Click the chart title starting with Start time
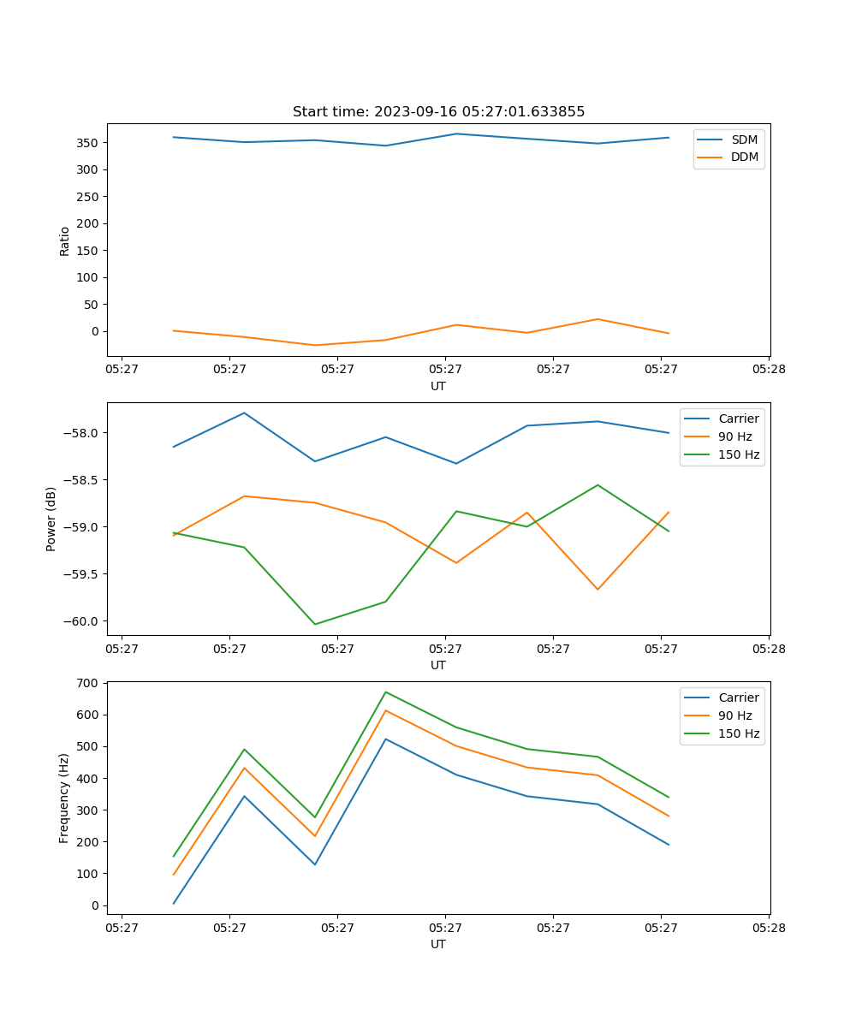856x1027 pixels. pos(438,112)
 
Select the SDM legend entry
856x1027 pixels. pos(743,140)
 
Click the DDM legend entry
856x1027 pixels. pos(744,157)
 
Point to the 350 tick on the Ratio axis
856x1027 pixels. pos(88,143)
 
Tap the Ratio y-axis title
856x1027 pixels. pos(65,240)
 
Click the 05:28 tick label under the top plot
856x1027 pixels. pos(768,370)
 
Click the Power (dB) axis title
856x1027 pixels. pos(51,519)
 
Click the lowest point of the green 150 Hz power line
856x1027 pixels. pos(315,624)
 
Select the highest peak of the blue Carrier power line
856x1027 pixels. pos(244,413)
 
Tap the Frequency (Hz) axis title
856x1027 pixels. pos(64,798)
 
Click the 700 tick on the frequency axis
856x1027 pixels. pos(88,683)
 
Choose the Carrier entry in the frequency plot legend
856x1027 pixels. pos(738,698)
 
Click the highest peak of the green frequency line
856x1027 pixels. pos(386,692)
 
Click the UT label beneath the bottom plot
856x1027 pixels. pos(438,944)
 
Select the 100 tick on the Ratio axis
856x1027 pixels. pos(88,277)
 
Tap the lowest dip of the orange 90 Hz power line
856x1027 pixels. pos(597,589)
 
